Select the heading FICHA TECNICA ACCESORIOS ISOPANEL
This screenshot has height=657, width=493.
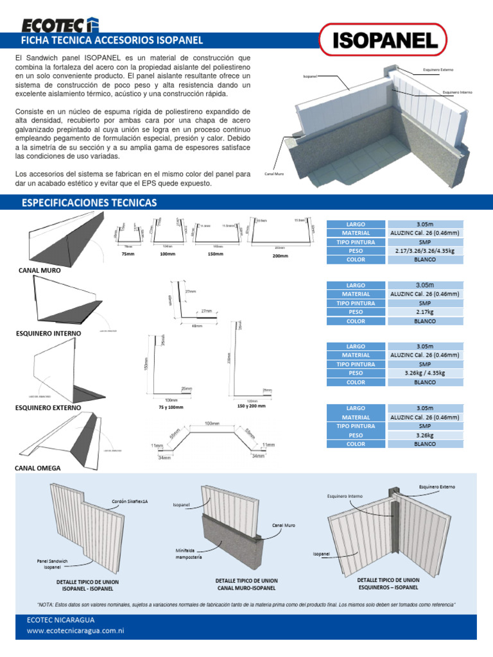point(112,40)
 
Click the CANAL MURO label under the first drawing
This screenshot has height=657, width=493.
point(40,271)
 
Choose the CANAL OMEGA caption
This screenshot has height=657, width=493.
point(38,468)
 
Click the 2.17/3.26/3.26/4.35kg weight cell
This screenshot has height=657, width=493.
point(424,251)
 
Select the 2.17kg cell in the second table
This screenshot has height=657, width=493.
point(424,312)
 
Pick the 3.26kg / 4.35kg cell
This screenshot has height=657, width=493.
point(424,373)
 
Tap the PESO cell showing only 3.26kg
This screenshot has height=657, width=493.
point(424,434)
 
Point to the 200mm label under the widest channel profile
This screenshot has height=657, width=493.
point(281,256)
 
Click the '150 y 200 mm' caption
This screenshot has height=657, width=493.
point(251,406)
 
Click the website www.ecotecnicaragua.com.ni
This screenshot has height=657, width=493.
point(75,631)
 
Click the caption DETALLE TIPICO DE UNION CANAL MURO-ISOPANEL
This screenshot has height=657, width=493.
point(246,584)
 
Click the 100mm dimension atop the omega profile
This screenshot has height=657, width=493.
point(212,424)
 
